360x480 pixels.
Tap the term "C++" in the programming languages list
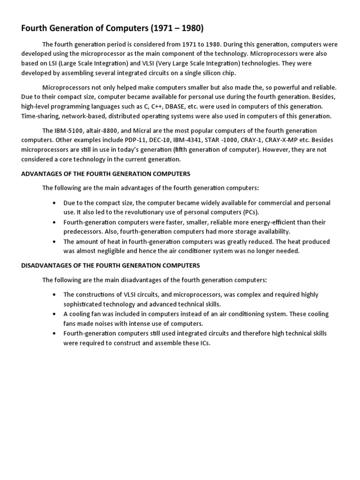pos(157,106)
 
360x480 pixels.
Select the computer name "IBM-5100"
pos(70,130)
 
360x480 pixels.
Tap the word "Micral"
pos(149,130)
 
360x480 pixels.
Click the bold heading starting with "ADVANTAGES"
pos(106,173)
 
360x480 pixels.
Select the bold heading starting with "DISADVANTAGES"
pos(111,265)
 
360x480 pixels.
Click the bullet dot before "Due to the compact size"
pos(54,202)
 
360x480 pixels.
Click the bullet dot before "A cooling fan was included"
pos(54,314)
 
